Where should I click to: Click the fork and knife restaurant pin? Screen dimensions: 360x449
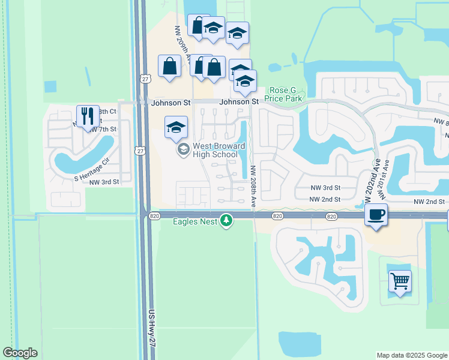pos(88,116)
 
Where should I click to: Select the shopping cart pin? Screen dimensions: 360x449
pos(400,281)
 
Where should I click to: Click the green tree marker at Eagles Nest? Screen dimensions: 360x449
pos(226,221)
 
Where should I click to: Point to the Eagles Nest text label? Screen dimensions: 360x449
pos(194,221)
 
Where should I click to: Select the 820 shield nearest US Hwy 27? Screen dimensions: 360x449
pos(155,215)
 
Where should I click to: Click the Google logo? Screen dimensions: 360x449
pos(20,353)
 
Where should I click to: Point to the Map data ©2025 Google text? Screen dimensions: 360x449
pos(411,355)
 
